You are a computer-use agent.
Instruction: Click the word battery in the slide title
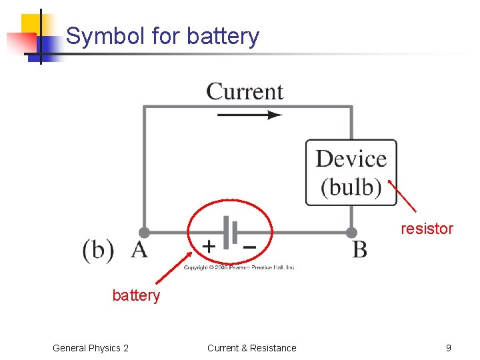pos(223,36)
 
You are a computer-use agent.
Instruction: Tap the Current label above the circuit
pos(245,91)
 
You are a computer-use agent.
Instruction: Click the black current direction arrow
pos(249,115)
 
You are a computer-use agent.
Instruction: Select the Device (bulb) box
pos(351,172)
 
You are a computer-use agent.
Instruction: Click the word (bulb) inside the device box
pos(351,187)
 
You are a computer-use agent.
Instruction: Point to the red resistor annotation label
pos(427,229)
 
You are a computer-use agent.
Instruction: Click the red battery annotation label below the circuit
pos(136,295)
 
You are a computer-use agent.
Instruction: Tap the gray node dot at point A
pos(144,233)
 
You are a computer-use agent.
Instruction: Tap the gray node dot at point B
pos(351,233)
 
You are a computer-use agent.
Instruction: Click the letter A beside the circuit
pos(139,250)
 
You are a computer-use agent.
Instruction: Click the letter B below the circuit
pos(359,250)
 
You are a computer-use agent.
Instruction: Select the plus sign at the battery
pos(209,246)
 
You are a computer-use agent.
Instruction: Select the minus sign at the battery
pos(248,246)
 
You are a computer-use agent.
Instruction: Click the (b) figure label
pos(98,250)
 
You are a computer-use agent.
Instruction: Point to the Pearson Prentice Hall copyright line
pos(239,267)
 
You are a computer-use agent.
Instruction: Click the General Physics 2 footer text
pos(91,348)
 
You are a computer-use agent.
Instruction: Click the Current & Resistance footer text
pos(251,348)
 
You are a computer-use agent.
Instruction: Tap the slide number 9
pos(448,348)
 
